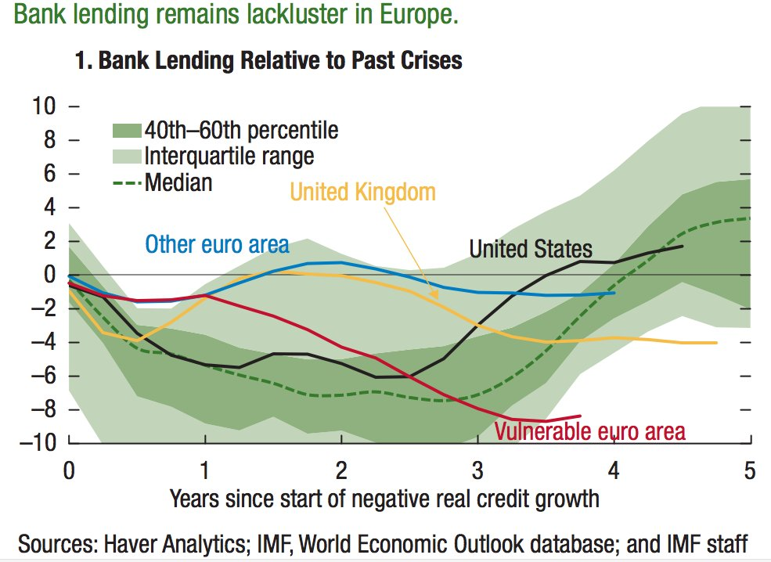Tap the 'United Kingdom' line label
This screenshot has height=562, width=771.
(x=362, y=191)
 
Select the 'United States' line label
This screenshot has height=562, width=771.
(x=531, y=249)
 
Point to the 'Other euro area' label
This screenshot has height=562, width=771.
(x=217, y=245)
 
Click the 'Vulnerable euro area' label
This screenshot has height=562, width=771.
(x=589, y=431)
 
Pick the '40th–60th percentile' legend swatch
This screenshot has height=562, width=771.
(x=126, y=130)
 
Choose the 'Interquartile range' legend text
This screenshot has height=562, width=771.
(x=229, y=156)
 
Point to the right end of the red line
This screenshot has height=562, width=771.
(x=581, y=416)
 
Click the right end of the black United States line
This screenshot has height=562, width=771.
(x=682, y=246)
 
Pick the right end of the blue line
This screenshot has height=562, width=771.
(x=614, y=293)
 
